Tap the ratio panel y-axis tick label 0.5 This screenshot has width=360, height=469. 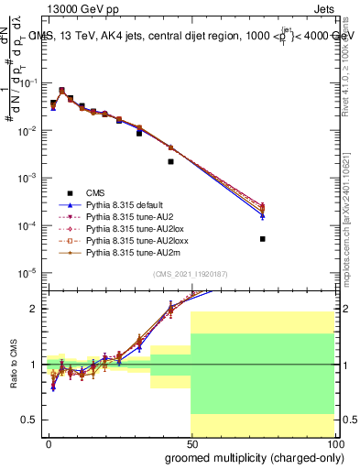coord(30,420)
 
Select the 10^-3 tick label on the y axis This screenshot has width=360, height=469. coord(27,177)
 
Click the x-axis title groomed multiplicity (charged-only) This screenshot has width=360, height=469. coord(249,457)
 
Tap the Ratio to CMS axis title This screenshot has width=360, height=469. coord(12,364)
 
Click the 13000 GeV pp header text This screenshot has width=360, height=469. coord(80,7)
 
